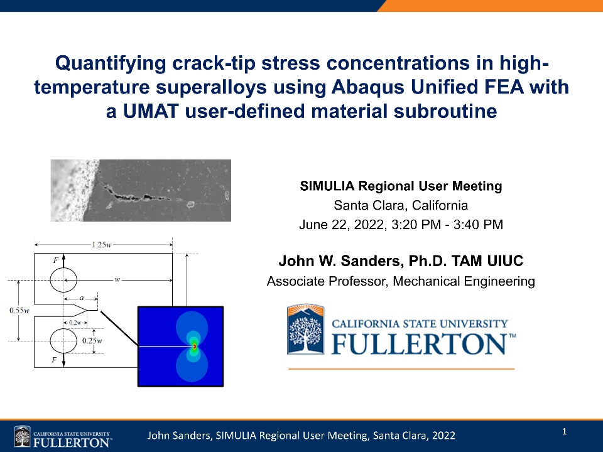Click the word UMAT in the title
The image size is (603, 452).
151,111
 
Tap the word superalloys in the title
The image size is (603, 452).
211,87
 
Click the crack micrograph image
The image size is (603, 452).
141,190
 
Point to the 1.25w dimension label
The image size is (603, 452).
102,244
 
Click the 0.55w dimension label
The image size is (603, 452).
19,311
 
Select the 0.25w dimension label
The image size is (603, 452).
92,340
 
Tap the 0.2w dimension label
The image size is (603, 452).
75,323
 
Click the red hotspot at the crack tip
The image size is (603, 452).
195,347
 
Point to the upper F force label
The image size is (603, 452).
55,261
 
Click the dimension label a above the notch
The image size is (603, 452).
81,298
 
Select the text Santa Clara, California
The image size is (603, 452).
401,205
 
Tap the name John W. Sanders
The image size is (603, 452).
340,261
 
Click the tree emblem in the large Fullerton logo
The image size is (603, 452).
306,329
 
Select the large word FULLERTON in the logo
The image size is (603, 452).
419,343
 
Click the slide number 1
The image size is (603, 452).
564,432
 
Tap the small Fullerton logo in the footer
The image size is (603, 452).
63,437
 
